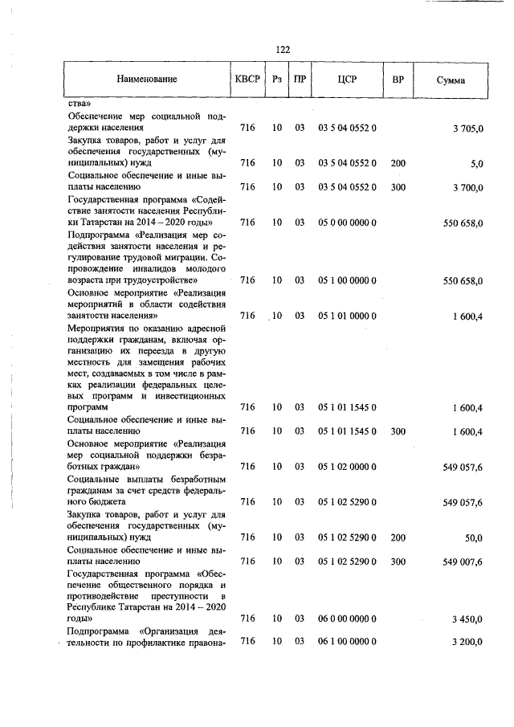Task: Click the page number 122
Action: pyautogui.click(x=283, y=50)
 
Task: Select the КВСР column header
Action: pyautogui.click(x=247, y=80)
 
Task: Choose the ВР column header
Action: pyautogui.click(x=398, y=80)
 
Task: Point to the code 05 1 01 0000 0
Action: pyautogui.click(x=348, y=316)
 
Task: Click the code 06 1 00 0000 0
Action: pyautogui.click(x=348, y=641)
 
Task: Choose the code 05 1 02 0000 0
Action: pyautogui.click(x=348, y=467)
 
